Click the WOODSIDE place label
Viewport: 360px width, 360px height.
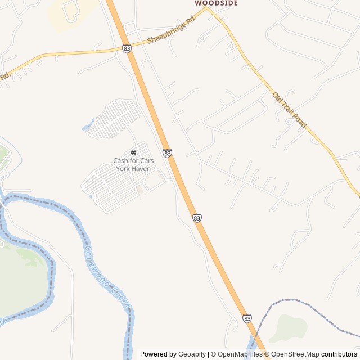point(216,3)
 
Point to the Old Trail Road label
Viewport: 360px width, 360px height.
point(289,110)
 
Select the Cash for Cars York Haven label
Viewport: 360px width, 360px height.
point(133,164)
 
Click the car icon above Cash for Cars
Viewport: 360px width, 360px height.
point(133,152)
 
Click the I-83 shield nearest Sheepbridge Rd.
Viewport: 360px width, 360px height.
point(127,49)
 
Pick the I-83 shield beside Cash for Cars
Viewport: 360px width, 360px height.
point(167,153)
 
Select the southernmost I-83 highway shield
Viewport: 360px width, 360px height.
point(247,318)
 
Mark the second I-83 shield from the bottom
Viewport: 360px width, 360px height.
point(197,218)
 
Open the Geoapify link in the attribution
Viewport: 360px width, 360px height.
point(192,354)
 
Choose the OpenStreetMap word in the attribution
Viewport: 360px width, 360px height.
point(295,354)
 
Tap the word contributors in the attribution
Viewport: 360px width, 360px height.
point(339,354)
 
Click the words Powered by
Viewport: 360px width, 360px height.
point(158,354)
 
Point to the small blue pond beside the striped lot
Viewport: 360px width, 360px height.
point(88,125)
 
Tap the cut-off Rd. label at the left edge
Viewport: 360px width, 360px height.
point(4,76)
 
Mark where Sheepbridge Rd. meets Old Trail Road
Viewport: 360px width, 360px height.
point(206,8)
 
